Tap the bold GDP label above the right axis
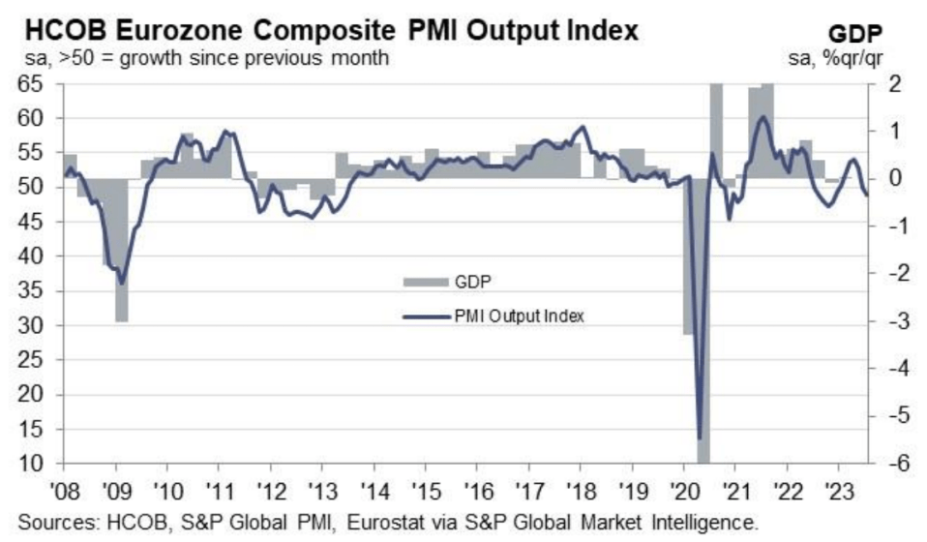coord(854,34)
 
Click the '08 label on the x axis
coord(64,490)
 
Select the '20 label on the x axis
coord(683,490)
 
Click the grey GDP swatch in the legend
coord(426,282)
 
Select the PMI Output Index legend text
coord(519,316)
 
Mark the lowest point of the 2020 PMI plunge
coord(700,438)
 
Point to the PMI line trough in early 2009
coord(122,284)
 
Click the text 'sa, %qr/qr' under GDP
coord(835,58)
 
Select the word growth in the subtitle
coord(151,58)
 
